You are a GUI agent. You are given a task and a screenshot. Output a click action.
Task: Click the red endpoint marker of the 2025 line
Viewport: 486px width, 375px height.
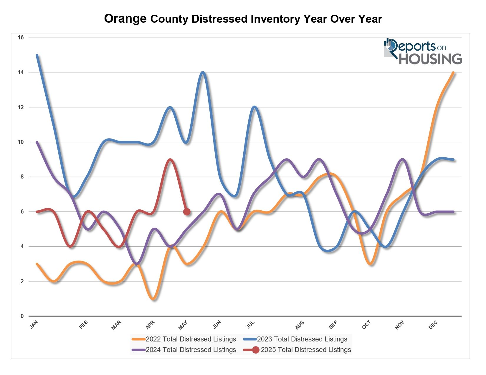click(187, 211)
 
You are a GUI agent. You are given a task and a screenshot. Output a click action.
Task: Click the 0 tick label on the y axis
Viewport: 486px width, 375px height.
click(22, 316)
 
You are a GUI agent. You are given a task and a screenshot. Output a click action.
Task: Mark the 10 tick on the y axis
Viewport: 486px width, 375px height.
click(21, 142)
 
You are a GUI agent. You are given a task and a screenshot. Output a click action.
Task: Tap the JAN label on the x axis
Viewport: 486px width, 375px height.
click(34, 325)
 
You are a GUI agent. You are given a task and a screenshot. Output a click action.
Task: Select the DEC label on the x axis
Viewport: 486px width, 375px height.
click(433, 325)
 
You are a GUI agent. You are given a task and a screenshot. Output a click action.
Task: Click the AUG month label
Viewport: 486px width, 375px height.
click(300, 325)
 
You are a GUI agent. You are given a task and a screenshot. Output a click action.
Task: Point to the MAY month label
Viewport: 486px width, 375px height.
click(183, 325)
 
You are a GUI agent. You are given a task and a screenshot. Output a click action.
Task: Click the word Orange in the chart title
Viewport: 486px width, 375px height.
click(125, 19)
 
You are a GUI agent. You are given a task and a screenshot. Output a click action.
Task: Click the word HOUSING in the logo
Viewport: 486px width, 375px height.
click(430, 59)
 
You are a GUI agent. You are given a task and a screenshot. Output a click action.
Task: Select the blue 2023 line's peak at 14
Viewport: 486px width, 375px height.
click(203, 72)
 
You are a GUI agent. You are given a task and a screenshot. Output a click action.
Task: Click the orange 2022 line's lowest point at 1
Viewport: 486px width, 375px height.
click(153, 299)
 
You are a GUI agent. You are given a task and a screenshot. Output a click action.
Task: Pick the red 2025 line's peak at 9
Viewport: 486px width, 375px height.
click(170, 159)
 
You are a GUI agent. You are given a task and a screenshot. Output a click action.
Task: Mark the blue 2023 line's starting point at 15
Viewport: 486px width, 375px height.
click(37, 55)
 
